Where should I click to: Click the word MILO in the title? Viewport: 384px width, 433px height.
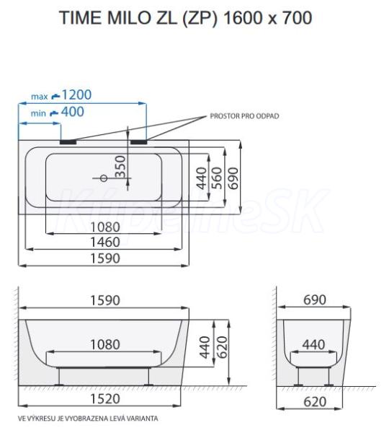coord(128,17)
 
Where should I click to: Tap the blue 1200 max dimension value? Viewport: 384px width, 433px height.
coord(76,95)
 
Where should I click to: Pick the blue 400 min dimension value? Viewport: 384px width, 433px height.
coord(73,112)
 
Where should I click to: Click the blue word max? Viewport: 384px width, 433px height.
coord(40,97)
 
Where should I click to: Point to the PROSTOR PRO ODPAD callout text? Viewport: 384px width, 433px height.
coord(244,116)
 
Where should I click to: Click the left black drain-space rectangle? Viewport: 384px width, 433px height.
coord(68,142)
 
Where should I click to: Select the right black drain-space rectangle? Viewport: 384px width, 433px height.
coord(138,142)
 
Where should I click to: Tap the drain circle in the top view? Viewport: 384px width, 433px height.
coord(104,178)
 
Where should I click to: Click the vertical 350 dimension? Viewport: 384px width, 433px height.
coord(120,167)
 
